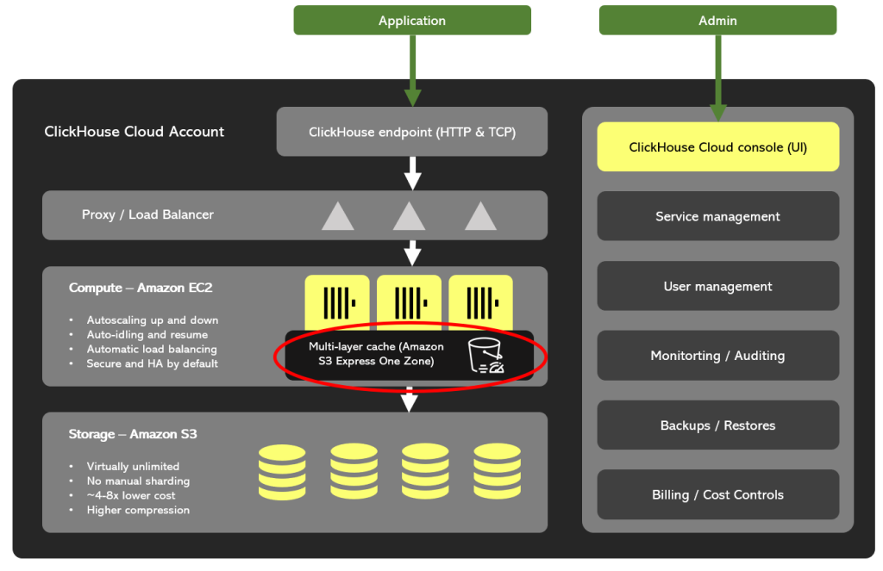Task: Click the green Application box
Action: click(411, 21)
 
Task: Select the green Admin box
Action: click(717, 21)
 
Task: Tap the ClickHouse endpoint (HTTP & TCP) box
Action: click(411, 132)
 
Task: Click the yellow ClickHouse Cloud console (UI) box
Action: click(717, 147)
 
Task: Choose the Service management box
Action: click(717, 216)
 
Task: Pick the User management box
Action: click(717, 286)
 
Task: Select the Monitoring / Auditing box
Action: click(717, 356)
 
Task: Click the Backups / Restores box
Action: click(717, 425)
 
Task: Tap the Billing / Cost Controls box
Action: click(717, 494)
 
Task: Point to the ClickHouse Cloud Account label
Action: click(134, 132)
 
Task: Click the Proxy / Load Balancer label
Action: click(147, 214)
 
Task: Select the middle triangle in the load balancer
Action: click(410, 215)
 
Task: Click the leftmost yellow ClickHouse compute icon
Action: click(337, 301)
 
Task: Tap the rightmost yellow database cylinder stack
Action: click(497, 471)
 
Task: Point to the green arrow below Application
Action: click(412, 69)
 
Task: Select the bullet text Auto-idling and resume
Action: click(147, 335)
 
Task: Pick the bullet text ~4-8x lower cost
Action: click(131, 495)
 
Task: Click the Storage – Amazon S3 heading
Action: click(133, 434)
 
